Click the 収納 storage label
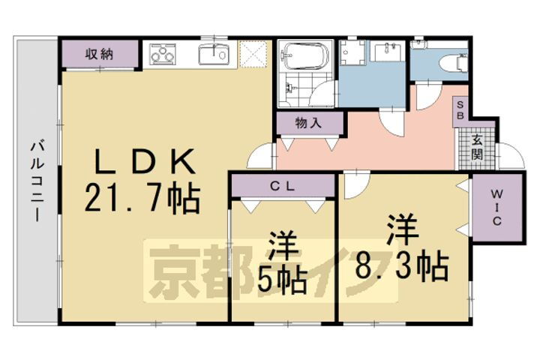click(98, 53)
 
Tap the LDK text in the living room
click(144, 160)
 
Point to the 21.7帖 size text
click(142, 199)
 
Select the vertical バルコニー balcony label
click(35, 179)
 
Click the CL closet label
click(282, 184)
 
